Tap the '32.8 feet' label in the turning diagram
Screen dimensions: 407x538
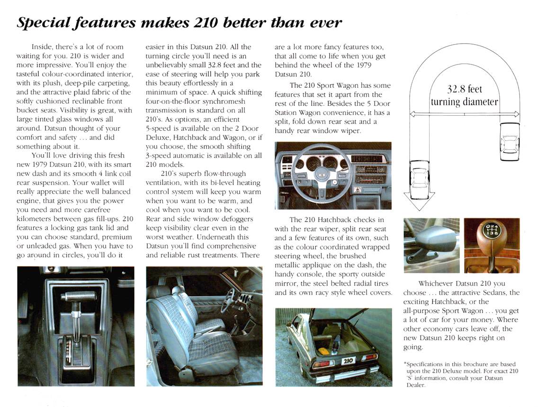[x=464, y=89]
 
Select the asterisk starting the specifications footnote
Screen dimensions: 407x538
[x=405, y=364]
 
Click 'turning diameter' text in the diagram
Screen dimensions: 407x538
[x=464, y=102]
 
